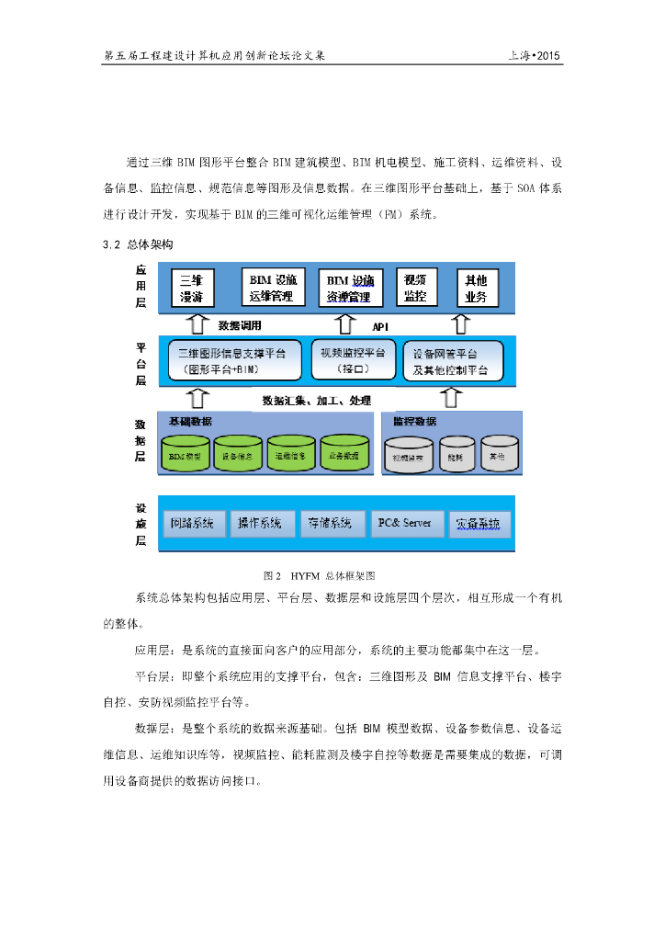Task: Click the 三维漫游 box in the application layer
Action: [x=197, y=288]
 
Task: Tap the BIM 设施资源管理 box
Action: [x=349, y=288]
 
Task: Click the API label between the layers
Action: [x=381, y=326]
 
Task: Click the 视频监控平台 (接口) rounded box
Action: [x=353, y=359]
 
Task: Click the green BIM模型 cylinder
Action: [x=186, y=453]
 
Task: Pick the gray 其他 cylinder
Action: [x=500, y=453]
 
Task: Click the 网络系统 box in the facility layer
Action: [x=193, y=524]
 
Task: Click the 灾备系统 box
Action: [x=479, y=524]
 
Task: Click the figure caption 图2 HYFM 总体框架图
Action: [x=320, y=576]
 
